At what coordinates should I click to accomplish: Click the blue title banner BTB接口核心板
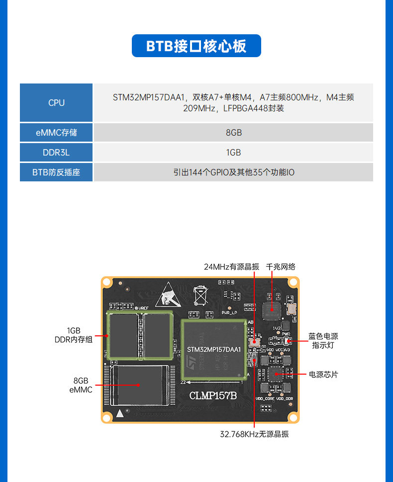pyautogui.click(x=196, y=46)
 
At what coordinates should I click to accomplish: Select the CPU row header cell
pyautogui.click(x=56, y=103)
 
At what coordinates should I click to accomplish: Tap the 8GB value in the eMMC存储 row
pyautogui.click(x=233, y=133)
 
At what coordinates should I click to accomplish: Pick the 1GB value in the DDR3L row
pyautogui.click(x=233, y=153)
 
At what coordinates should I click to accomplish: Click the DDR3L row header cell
pyautogui.click(x=56, y=153)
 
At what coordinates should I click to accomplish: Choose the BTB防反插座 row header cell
pyautogui.click(x=56, y=172)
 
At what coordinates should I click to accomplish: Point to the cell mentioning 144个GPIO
pyautogui.click(x=233, y=172)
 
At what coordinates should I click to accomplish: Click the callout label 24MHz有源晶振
pyautogui.click(x=231, y=267)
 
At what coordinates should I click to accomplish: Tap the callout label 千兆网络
pyautogui.click(x=281, y=267)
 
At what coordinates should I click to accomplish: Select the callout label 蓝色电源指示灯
pyautogui.click(x=323, y=340)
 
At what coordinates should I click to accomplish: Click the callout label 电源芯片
pyautogui.click(x=323, y=374)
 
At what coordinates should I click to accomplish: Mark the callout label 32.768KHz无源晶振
pyautogui.click(x=254, y=434)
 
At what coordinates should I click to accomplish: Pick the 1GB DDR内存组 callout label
pyautogui.click(x=74, y=335)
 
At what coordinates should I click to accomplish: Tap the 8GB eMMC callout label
pyautogui.click(x=81, y=385)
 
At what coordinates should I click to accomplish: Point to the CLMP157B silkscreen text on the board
pyautogui.click(x=213, y=396)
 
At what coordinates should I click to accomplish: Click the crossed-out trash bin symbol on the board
pyautogui.click(x=200, y=295)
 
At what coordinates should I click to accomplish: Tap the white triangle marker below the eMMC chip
pyautogui.click(x=119, y=413)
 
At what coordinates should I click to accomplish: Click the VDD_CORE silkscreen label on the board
pyautogui.click(x=265, y=399)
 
